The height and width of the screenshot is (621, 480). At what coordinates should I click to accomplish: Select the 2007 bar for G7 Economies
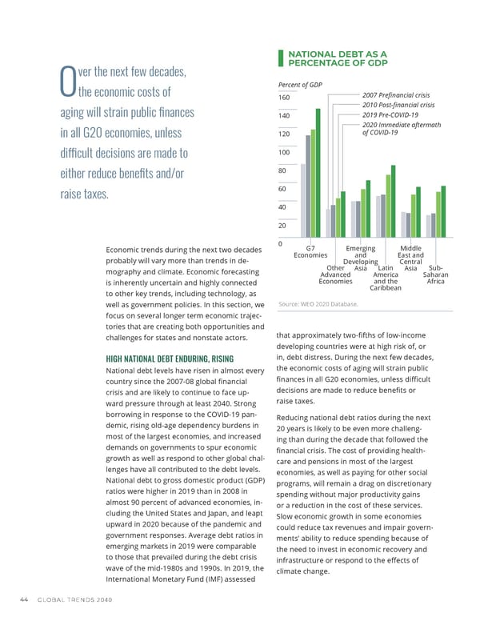coord(303,201)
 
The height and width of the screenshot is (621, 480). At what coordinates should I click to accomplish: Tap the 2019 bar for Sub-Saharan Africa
coord(438,214)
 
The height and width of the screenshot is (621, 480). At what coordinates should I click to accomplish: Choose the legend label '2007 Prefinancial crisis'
coord(396,95)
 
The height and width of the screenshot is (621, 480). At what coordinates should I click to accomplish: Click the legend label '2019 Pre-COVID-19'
coord(391,114)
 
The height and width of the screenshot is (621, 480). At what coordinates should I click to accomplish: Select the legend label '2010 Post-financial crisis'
coord(398,105)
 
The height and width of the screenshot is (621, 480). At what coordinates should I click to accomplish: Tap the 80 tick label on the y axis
coord(282,170)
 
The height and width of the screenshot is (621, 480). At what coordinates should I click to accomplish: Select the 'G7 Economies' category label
coord(310,251)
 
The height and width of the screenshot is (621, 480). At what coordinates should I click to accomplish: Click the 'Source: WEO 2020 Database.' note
coord(318,304)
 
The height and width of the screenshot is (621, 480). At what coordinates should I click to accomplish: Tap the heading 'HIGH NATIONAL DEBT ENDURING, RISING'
coord(170,358)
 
